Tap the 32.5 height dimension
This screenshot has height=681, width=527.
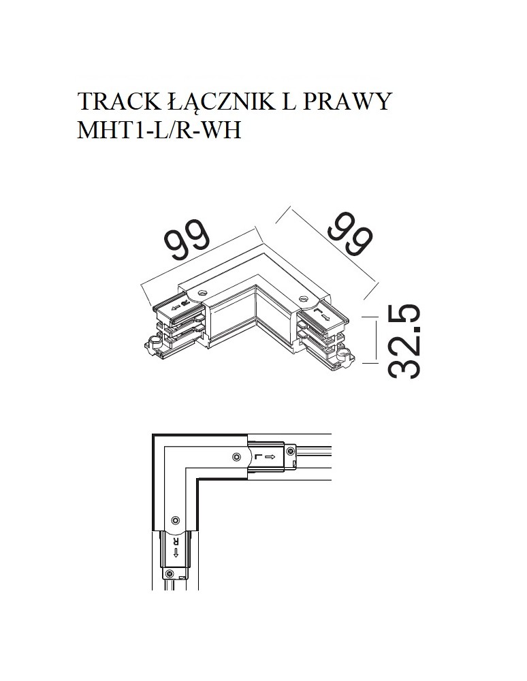point(405,341)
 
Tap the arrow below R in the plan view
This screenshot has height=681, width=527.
point(176,552)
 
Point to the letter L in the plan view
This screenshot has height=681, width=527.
point(257,458)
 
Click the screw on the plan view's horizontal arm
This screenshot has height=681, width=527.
point(236,457)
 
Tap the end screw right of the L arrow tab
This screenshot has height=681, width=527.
point(291,450)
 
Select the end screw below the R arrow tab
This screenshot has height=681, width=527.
point(167,574)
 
